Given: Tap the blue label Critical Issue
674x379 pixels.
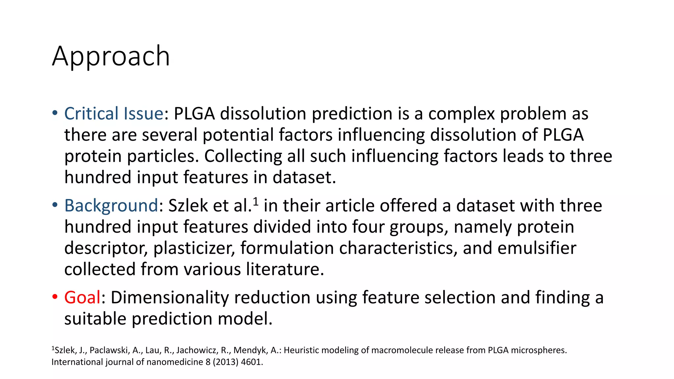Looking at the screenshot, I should pyautogui.click(x=114, y=114).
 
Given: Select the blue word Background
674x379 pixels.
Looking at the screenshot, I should pyautogui.click(x=111, y=206).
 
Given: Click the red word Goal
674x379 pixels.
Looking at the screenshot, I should pyautogui.click(x=82, y=298).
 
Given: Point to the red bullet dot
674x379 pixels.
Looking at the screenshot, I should pyautogui.click(x=55, y=297).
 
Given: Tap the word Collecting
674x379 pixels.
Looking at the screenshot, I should pyautogui.click(x=243, y=156).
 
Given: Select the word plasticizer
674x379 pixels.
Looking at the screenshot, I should pyautogui.click(x=194, y=248).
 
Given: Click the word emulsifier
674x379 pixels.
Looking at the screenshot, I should pyautogui.click(x=536, y=248).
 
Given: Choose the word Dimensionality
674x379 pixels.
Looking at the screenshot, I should pyautogui.click(x=169, y=298).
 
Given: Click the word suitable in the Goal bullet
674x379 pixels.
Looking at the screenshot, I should pyautogui.click(x=95, y=319).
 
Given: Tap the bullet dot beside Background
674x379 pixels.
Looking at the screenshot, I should pyautogui.click(x=55, y=205).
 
